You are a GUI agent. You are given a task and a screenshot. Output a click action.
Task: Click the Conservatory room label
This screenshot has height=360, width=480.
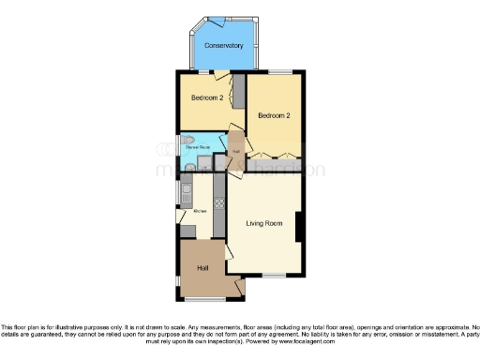click(x=224, y=45)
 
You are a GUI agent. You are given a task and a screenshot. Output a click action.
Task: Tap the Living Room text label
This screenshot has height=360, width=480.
click(x=264, y=223)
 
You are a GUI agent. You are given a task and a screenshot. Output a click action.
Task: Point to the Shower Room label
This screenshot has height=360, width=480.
click(x=196, y=147)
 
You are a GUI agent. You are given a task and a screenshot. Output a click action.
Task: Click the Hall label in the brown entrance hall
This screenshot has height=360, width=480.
click(x=202, y=268)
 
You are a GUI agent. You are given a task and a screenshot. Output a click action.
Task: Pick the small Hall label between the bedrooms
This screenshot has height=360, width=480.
click(x=236, y=150)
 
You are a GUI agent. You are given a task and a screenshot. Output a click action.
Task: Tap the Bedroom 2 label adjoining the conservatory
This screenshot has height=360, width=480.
click(x=207, y=97)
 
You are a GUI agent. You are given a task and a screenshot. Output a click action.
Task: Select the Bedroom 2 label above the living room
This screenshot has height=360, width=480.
click(x=275, y=115)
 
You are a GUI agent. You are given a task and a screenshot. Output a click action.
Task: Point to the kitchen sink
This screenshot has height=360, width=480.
click(x=186, y=198)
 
